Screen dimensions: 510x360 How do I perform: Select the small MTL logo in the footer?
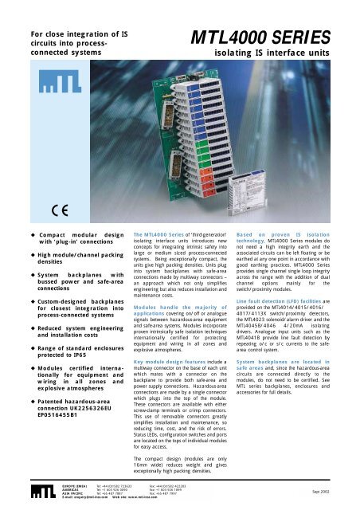pos(25,494)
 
